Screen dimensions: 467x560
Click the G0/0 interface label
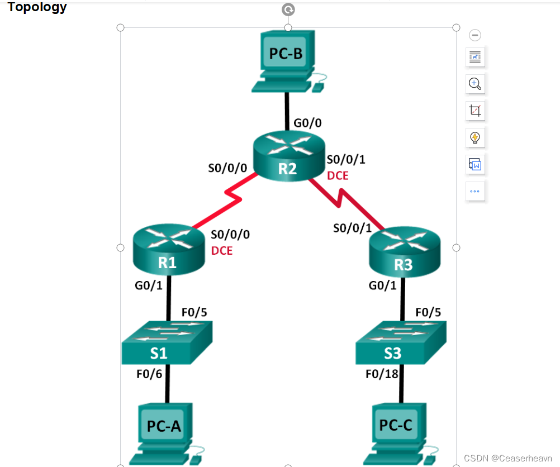click(307, 123)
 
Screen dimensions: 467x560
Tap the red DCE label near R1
click(222, 251)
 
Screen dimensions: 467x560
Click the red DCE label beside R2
click(338, 176)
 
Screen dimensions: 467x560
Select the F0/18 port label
click(382, 374)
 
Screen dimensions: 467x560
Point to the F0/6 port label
click(149, 374)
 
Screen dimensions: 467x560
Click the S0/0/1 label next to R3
click(352, 228)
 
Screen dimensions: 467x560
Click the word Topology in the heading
click(37, 7)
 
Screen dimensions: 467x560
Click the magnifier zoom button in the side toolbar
click(475, 84)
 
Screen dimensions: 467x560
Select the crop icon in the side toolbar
click(475, 111)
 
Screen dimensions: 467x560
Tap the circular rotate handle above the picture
click(288, 9)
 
